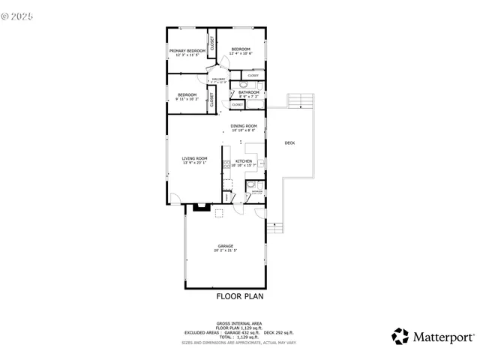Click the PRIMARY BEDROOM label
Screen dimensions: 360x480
click(187, 51)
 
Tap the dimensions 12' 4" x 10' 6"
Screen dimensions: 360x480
click(241, 53)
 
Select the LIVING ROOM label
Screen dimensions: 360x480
click(194, 157)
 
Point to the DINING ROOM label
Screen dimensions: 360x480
click(244, 126)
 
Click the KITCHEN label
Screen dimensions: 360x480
click(244, 161)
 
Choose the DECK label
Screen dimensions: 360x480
click(289, 142)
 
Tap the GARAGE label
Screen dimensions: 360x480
click(225, 246)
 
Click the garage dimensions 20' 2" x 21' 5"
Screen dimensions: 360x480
click(225, 250)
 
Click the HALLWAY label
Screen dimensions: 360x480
click(219, 78)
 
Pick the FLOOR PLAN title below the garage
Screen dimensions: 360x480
click(240, 296)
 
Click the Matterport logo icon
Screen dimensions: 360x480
click(401, 336)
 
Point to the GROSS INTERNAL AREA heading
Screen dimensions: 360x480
click(239, 324)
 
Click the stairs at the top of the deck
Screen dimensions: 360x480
click(300, 100)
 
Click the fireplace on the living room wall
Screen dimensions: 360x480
click(200, 208)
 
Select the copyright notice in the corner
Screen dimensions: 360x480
click(19, 13)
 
